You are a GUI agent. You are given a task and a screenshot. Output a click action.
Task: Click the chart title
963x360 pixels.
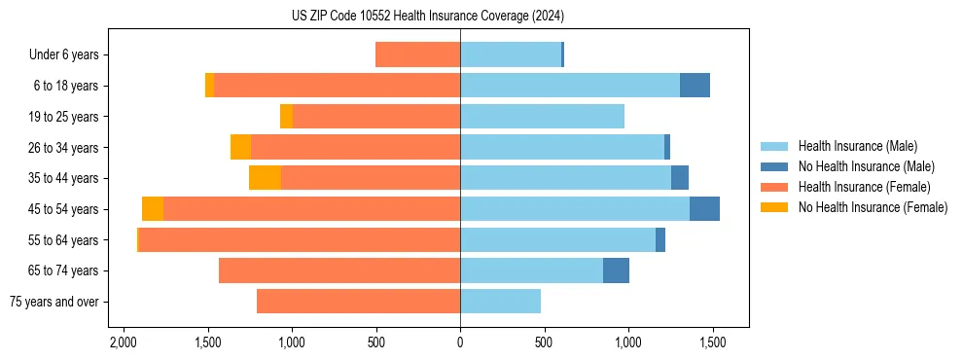click(427, 16)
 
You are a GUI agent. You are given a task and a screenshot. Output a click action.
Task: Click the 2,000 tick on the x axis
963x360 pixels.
click(124, 343)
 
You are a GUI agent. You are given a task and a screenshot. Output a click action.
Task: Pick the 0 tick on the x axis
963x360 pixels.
click(460, 343)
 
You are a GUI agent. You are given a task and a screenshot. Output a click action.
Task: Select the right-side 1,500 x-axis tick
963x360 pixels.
click(712, 343)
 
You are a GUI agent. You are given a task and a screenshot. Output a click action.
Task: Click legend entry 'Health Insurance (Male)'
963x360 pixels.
click(857, 146)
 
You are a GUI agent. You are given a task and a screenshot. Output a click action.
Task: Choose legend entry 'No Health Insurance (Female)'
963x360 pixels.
click(873, 207)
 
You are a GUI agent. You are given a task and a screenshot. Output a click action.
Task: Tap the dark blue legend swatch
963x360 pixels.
click(775, 166)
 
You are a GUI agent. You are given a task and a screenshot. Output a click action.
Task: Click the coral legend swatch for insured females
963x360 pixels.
click(775, 187)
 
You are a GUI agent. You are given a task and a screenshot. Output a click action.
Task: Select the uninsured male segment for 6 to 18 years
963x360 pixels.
click(695, 86)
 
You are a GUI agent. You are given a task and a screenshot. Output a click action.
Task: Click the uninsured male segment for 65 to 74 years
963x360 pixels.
click(616, 270)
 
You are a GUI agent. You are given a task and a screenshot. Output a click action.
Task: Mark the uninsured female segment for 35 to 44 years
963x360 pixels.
click(266, 178)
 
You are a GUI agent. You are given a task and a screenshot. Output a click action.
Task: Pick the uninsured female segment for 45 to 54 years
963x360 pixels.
click(153, 209)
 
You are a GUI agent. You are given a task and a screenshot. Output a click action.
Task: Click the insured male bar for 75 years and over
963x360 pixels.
click(500, 302)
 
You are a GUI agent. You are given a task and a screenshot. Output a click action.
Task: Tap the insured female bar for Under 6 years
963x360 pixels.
click(417, 55)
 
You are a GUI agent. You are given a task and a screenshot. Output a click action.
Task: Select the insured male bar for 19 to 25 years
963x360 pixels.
click(542, 117)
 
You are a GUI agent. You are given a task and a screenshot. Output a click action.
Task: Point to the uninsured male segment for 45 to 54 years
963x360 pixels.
click(704, 209)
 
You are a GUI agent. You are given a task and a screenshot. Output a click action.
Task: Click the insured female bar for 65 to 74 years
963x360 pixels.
click(339, 270)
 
